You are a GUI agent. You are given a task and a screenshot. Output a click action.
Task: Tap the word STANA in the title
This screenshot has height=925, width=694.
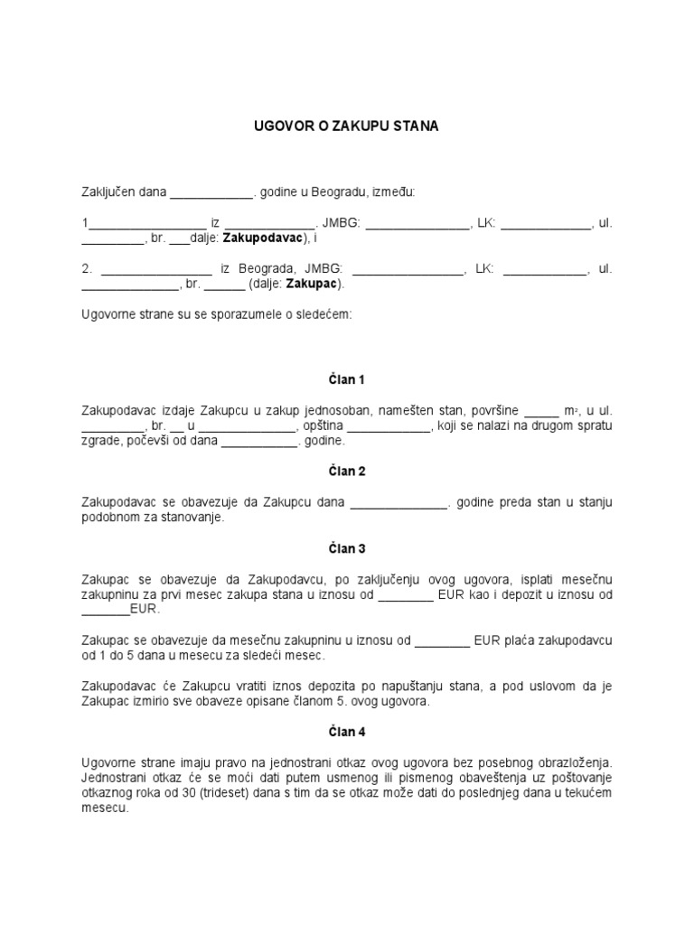click(416, 127)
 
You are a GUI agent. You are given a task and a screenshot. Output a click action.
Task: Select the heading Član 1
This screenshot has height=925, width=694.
click(347, 379)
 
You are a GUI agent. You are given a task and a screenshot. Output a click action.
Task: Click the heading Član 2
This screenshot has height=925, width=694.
click(347, 472)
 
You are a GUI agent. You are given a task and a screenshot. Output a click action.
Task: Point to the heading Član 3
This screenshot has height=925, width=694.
click(347, 548)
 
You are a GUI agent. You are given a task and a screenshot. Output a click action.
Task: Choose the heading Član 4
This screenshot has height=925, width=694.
click(347, 733)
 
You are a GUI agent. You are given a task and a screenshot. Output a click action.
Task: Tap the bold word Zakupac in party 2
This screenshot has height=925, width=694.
click(312, 284)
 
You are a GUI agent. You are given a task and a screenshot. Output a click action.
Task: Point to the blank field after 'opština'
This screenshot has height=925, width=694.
click(389, 427)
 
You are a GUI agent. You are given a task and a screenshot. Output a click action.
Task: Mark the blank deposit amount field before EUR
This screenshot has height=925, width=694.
click(106, 610)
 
